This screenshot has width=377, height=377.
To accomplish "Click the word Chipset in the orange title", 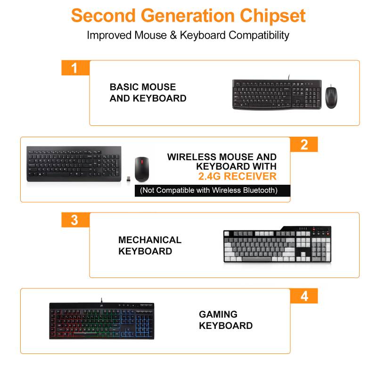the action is [272, 16].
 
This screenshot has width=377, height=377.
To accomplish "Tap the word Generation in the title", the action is [188, 16].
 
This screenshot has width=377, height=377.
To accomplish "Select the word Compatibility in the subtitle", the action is [259, 35].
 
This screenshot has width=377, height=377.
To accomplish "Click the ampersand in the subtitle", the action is [173, 35].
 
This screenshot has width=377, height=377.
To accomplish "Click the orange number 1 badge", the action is [75, 68].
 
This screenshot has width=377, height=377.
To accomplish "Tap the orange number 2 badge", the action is [304, 144].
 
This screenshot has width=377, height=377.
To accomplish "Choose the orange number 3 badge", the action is [75, 220].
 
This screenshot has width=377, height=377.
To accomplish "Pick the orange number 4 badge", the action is [304, 296].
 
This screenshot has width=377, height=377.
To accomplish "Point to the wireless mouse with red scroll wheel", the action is [142, 169].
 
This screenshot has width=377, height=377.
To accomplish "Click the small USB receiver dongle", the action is [129, 179].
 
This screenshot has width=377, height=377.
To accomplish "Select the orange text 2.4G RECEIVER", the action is [238, 176].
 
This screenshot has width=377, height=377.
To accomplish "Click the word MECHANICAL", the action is [150, 240].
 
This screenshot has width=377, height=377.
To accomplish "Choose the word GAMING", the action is [218, 314].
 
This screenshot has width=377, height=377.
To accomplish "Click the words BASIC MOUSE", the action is [143, 87].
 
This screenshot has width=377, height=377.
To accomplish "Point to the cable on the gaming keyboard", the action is [101, 300].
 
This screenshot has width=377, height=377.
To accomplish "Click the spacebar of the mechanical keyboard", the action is [256, 259].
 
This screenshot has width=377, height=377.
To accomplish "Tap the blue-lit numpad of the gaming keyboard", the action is [144, 324].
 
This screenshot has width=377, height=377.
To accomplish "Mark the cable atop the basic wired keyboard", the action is [289, 77].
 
